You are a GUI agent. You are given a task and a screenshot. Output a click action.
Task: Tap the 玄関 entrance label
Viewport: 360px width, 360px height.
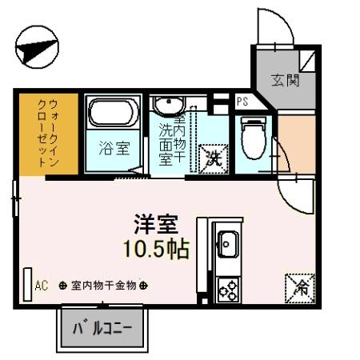click(284, 80)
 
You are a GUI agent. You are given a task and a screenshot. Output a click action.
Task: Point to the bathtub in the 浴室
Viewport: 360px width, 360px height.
click(114, 113)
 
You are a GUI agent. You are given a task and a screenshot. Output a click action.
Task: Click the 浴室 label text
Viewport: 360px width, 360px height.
click(114, 148)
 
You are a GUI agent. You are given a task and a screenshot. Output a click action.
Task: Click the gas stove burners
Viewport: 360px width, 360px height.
click(227, 287)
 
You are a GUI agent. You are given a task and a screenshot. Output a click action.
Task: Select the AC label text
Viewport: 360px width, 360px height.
click(42, 285)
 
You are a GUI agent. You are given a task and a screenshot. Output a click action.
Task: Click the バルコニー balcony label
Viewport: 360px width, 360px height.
click(102, 328)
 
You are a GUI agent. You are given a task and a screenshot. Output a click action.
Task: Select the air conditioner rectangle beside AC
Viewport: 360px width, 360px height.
click(27, 284)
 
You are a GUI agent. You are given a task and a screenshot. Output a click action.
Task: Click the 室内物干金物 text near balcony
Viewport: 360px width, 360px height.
click(103, 285)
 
